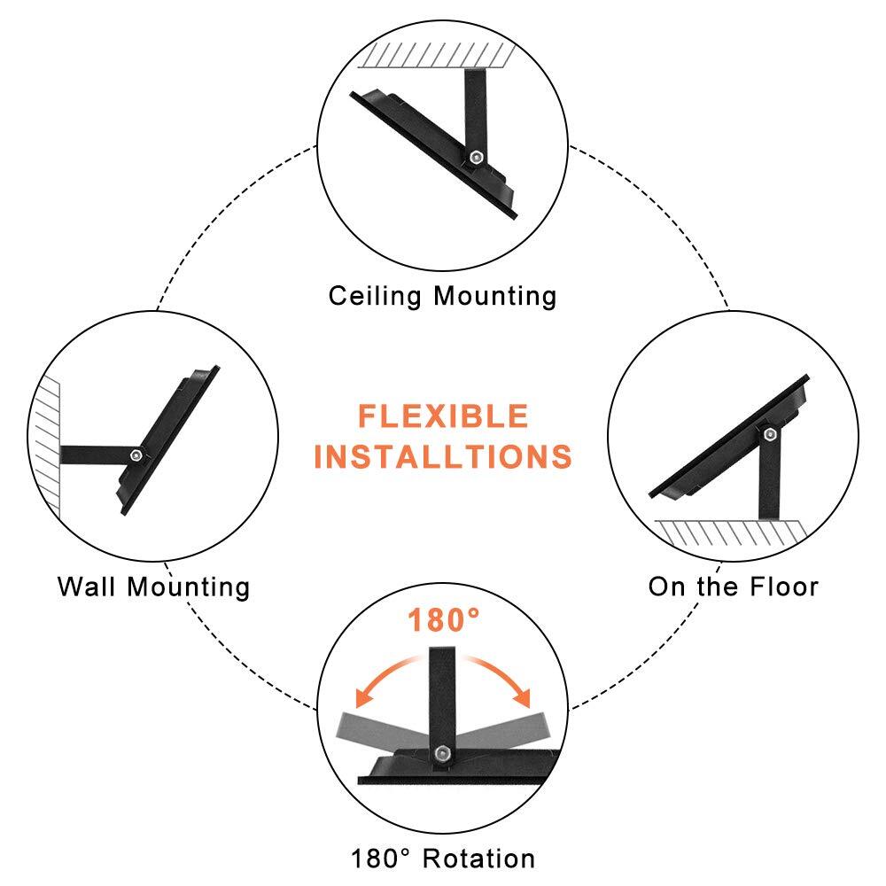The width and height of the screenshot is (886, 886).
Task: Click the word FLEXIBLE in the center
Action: pos(443,416)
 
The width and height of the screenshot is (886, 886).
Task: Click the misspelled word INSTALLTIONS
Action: pos(443,456)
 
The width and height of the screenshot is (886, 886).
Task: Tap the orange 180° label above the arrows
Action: pos(443,621)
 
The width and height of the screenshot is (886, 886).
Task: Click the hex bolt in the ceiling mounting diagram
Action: pos(478,156)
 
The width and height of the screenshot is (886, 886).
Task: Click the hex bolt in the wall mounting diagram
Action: pos(135,454)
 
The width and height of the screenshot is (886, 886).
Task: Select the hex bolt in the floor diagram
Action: pos(768,434)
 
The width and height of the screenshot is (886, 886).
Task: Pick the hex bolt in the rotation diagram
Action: pos(441,753)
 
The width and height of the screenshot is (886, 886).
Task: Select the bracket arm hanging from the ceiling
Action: pos(470,106)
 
